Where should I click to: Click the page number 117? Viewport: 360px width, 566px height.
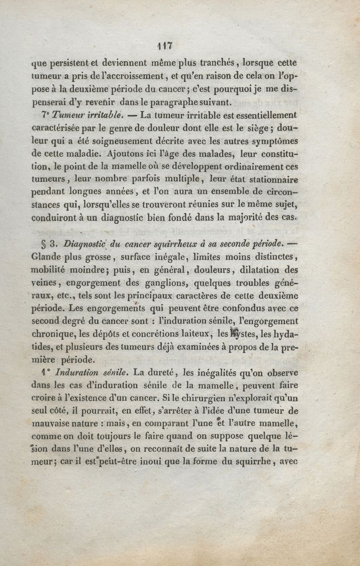coord(166,45)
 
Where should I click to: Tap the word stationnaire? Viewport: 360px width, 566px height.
coord(273,179)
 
